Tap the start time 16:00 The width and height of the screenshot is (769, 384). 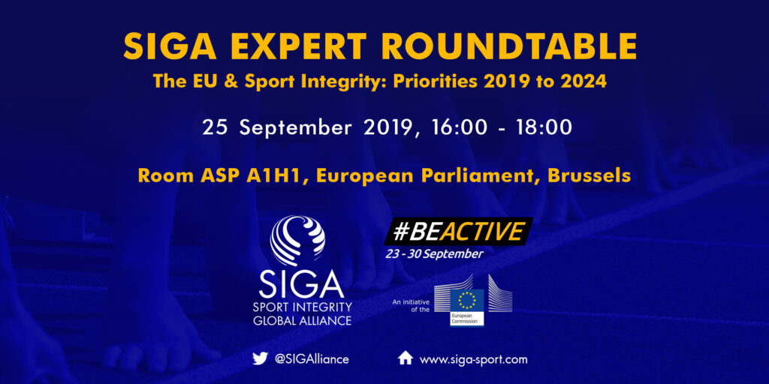(460, 127)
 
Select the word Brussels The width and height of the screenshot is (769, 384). (590, 175)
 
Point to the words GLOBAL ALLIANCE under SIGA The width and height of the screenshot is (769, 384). (302, 321)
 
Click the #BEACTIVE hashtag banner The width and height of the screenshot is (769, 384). (458, 231)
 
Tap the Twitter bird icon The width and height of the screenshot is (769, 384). (259, 359)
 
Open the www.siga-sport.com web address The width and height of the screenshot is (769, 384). (474, 359)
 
